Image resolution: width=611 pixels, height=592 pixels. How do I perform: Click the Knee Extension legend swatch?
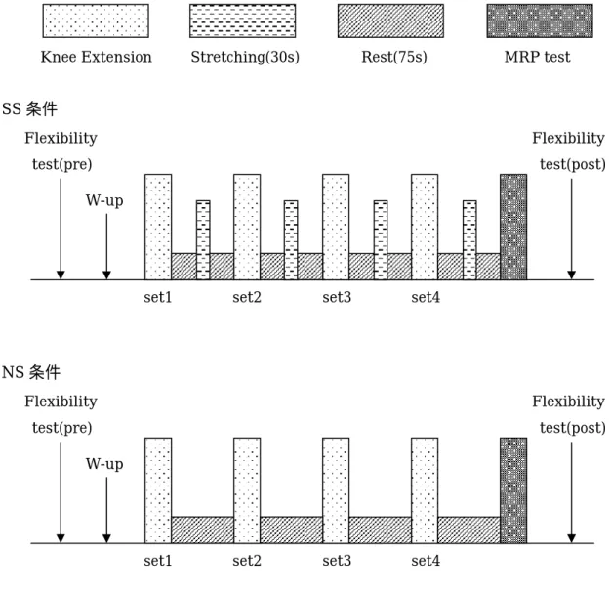click(x=96, y=21)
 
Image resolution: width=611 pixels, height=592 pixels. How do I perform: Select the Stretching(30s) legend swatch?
click(x=243, y=21)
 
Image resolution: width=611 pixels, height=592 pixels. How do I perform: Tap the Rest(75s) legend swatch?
click(x=390, y=21)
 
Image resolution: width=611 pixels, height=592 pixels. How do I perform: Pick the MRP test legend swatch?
click(x=540, y=21)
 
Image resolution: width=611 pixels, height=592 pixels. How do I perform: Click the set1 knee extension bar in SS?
click(x=158, y=227)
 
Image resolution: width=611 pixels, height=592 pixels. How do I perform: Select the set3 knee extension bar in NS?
click(x=336, y=490)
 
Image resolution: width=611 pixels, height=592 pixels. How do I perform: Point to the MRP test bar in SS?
click(x=513, y=227)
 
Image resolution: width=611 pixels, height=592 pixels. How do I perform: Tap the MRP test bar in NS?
click(x=513, y=490)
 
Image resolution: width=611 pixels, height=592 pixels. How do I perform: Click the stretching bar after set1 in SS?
click(x=203, y=240)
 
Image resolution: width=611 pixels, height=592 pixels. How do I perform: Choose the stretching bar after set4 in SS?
click(x=469, y=240)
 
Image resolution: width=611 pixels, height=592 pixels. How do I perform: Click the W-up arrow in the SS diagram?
click(x=106, y=246)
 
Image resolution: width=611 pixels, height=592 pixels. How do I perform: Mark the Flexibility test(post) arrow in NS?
click(x=572, y=492)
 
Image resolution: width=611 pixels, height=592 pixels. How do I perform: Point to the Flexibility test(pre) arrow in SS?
click(x=61, y=229)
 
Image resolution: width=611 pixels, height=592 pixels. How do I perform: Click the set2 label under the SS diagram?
click(x=247, y=297)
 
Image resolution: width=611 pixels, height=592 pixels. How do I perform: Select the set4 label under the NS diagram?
click(x=426, y=561)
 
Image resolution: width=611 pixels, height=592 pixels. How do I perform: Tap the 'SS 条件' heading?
click(x=29, y=108)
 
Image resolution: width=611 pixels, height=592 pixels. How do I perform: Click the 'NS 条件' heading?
click(x=31, y=372)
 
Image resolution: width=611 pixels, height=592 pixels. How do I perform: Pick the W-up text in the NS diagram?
click(x=104, y=464)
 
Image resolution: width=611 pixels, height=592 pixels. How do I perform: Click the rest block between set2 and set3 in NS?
click(x=292, y=530)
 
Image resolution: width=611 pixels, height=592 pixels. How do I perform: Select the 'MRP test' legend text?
click(x=538, y=57)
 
